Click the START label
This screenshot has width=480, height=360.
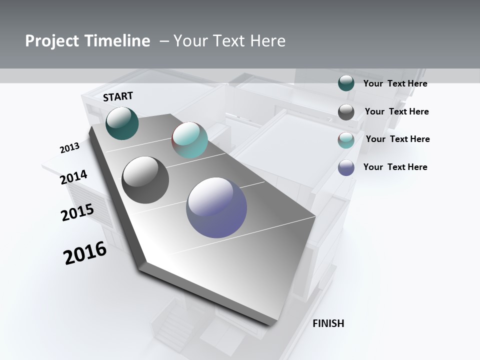[x=118, y=96]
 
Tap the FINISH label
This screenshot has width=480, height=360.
[x=328, y=323]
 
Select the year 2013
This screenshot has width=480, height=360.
[x=69, y=148]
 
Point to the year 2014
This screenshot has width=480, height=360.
[x=73, y=177]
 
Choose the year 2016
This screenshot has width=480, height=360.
[x=85, y=253]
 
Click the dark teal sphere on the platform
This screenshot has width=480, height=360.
[x=122, y=123]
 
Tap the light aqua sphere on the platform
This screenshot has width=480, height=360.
[x=189, y=140]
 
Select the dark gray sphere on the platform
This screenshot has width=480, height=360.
[x=145, y=180]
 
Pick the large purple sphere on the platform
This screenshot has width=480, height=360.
[x=216, y=207]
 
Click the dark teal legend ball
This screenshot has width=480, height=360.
[x=346, y=83]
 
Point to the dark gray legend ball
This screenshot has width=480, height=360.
[x=346, y=112]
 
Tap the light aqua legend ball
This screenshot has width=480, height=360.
[x=346, y=140]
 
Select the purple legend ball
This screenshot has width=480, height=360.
[x=346, y=167]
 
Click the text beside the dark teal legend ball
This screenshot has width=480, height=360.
[x=395, y=83]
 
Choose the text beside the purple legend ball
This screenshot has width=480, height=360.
[x=395, y=167]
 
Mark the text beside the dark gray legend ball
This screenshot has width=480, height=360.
[x=396, y=111]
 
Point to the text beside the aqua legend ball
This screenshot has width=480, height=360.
[x=397, y=139]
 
